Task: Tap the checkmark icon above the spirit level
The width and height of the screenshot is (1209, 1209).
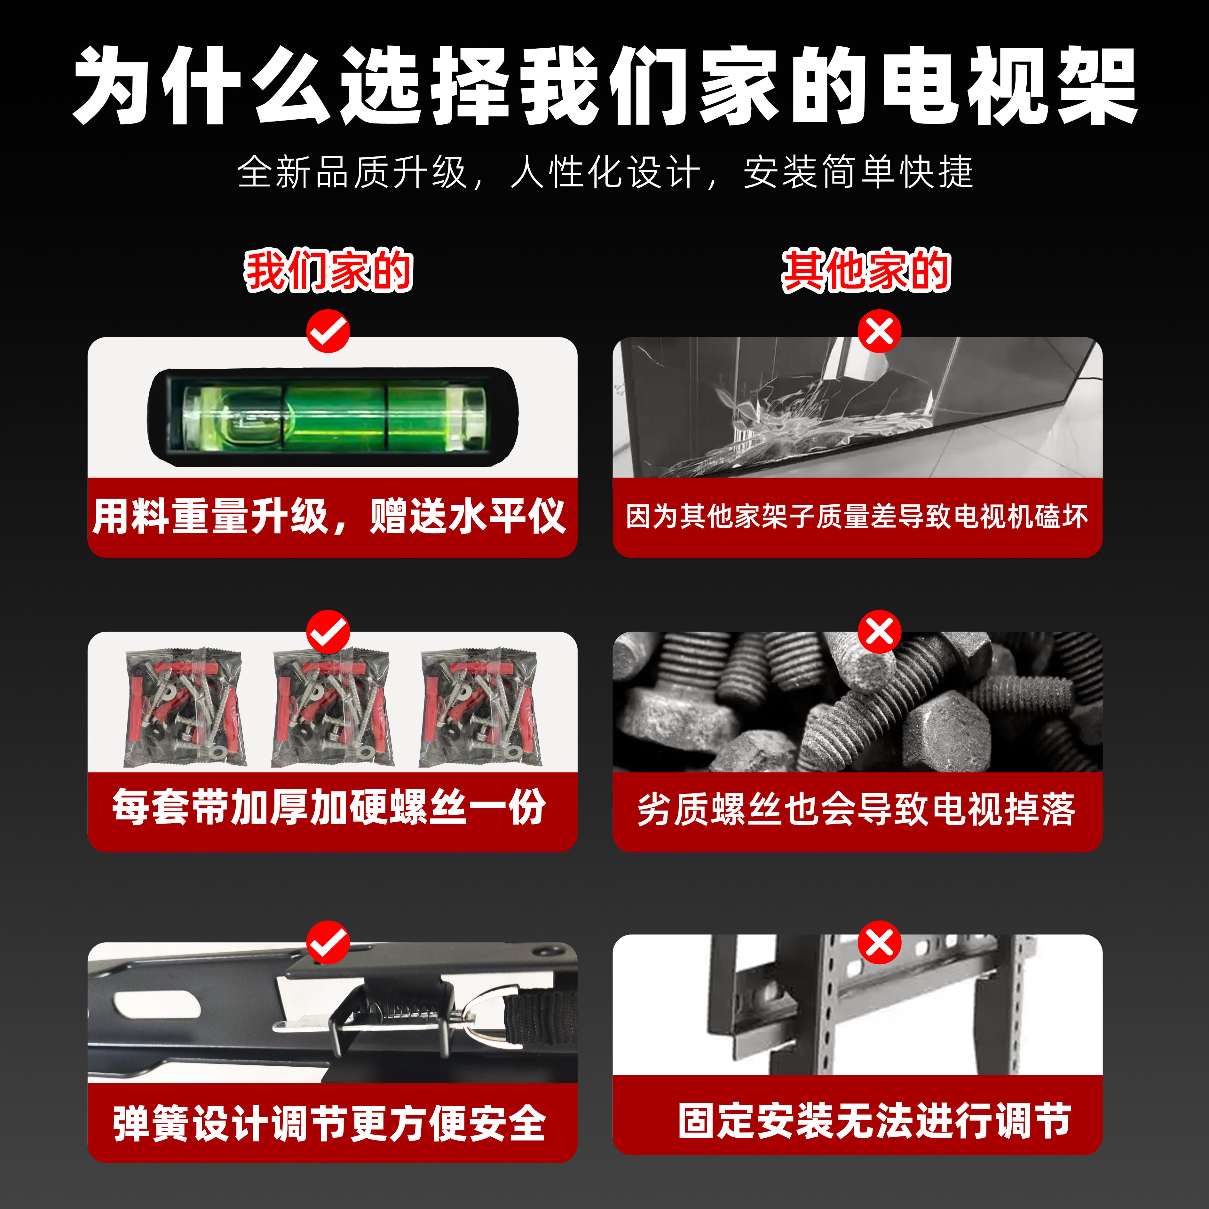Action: (328, 330)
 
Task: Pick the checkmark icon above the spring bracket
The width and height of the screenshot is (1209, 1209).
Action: (328, 942)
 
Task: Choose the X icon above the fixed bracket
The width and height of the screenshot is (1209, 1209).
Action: (879, 942)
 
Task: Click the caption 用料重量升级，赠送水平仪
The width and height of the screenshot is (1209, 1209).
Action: (330, 516)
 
